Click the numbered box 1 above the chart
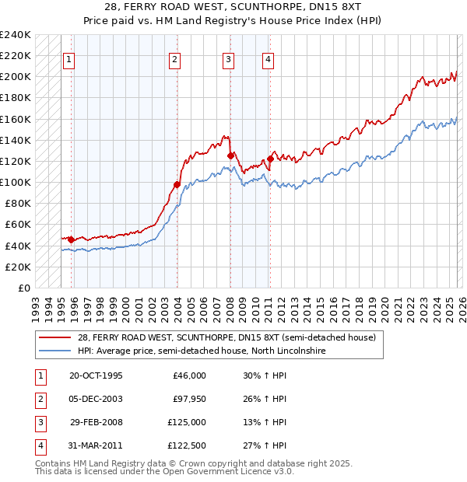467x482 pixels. click(x=69, y=59)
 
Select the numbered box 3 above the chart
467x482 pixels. click(x=228, y=59)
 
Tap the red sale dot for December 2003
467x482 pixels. click(x=177, y=184)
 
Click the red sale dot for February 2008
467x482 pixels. click(x=230, y=155)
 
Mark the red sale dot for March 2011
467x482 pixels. click(x=270, y=159)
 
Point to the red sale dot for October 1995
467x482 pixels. click(x=71, y=239)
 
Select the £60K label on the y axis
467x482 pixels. click(x=18, y=225)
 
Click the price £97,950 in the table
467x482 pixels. click(x=188, y=400)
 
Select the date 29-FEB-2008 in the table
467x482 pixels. click(x=97, y=422)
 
